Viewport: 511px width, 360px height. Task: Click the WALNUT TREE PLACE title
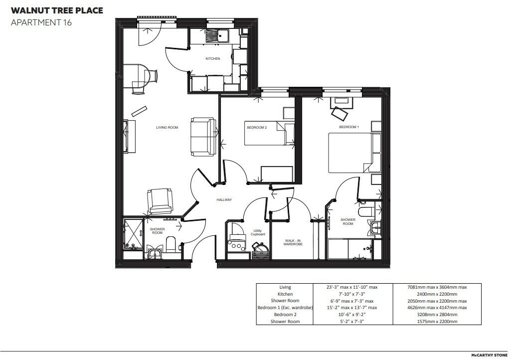(57, 10)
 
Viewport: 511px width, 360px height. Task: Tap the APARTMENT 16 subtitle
(41, 22)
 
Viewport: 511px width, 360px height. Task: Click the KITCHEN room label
(213, 59)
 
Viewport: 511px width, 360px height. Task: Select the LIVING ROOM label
(167, 128)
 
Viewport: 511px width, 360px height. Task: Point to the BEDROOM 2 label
(257, 128)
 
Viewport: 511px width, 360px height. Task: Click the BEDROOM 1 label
(349, 127)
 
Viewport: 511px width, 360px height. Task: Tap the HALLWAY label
(224, 200)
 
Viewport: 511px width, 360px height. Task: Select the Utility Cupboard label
(257, 232)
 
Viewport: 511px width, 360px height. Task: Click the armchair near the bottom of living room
(160, 200)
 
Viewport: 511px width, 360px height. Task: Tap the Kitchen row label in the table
(285, 294)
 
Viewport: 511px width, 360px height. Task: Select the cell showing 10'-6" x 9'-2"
(351, 315)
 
